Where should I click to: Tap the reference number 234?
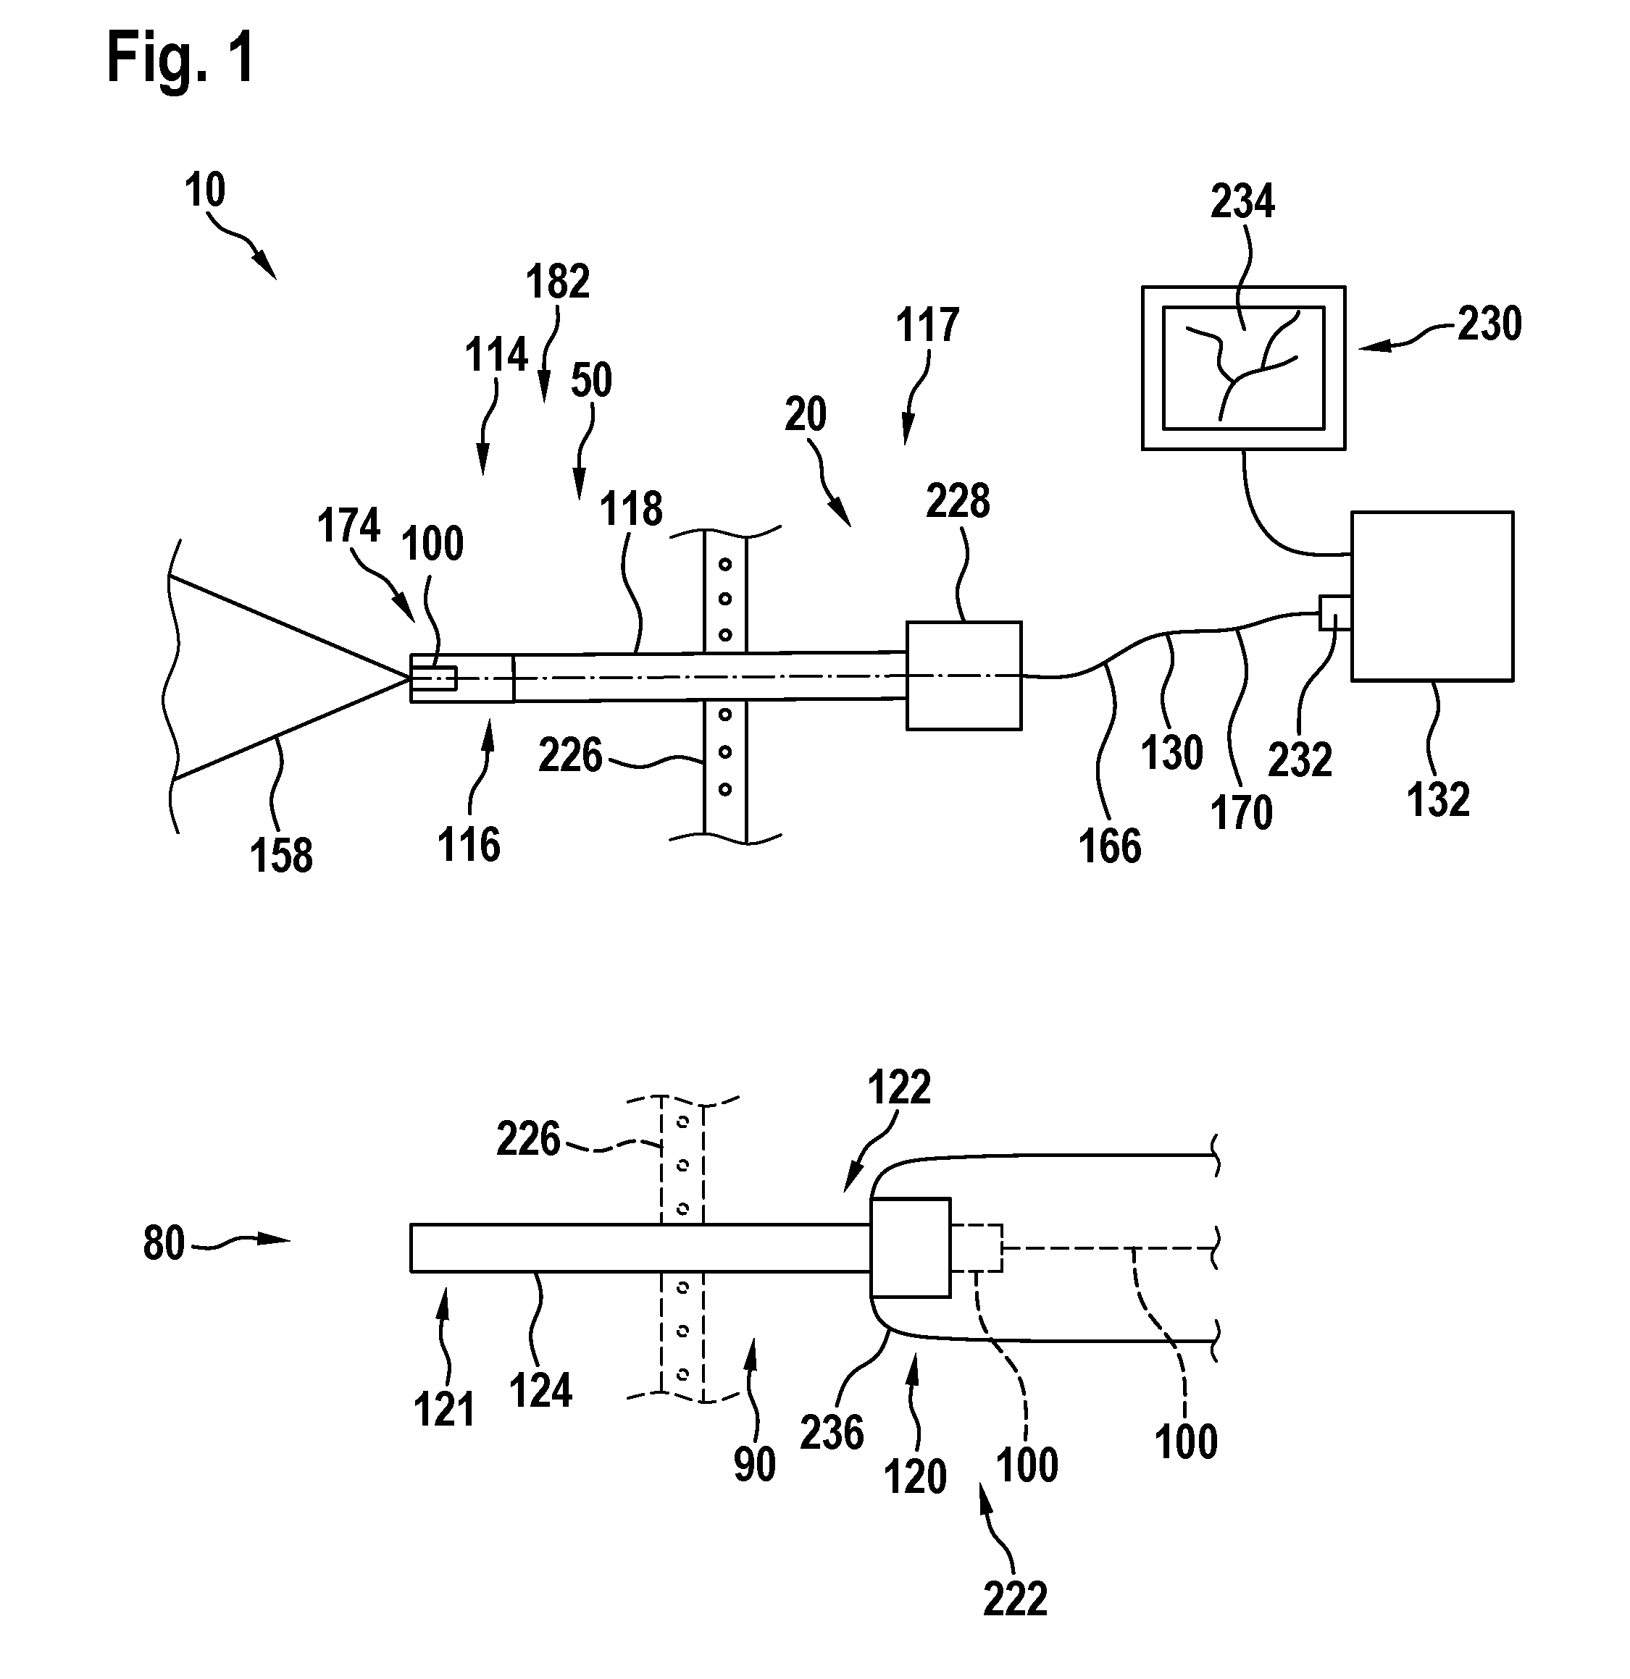[1242, 202]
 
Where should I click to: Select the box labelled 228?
[964, 676]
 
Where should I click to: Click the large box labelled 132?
[1432, 596]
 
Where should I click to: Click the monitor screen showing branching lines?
[1243, 368]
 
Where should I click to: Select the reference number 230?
[1489, 324]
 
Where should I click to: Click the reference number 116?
[469, 845]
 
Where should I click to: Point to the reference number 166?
[1110, 846]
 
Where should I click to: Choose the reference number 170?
[1241, 812]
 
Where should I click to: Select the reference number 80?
[164, 1243]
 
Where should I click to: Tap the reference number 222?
[1016, 1599]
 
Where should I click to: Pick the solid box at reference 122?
[910, 1247]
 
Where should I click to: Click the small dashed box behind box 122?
[976, 1248]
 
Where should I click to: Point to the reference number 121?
[444, 1409]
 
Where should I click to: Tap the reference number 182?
[558, 281]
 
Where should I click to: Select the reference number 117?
[927, 326]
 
